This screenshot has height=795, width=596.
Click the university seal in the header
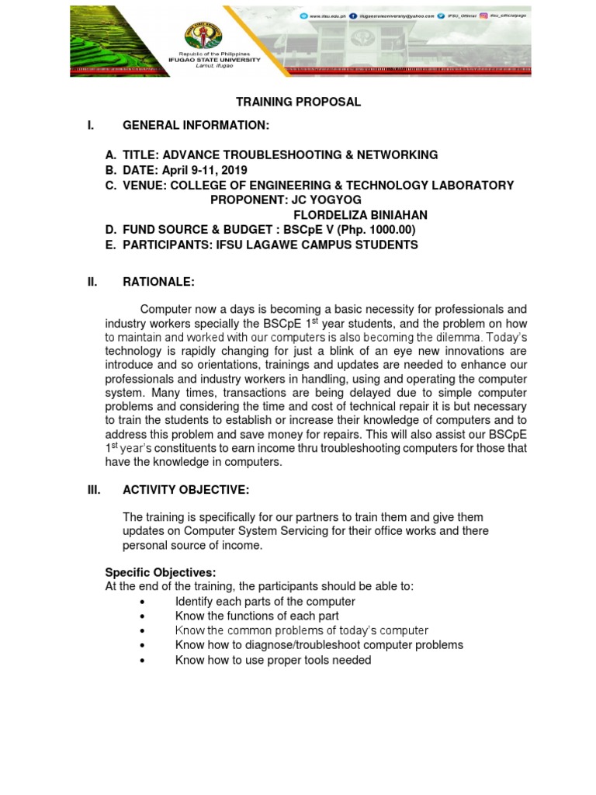[204, 36]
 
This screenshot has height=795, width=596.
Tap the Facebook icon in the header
[352, 16]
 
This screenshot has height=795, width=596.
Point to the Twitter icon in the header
[443, 16]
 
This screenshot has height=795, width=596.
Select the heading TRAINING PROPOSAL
[299, 102]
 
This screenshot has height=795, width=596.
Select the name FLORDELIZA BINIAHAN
[360, 215]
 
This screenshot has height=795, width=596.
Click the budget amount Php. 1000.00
[372, 230]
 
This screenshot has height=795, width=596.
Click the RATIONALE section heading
[158, 283]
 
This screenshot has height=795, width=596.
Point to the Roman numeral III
[95, 489]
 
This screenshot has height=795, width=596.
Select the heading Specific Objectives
[161, 572]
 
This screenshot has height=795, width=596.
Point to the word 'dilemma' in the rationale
[462, 338]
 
